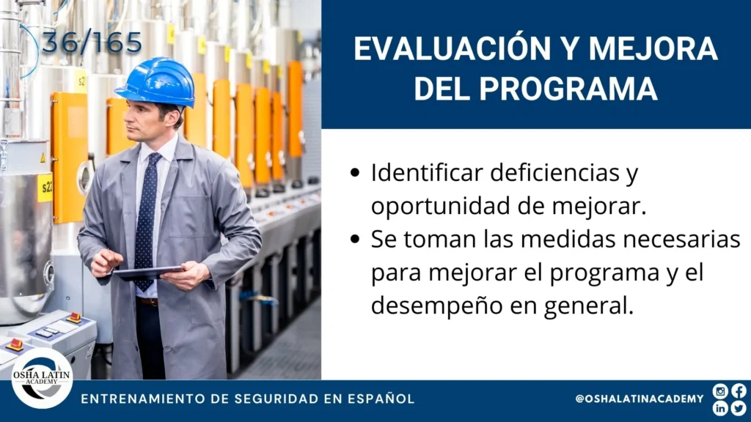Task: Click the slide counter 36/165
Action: tap(92, 43)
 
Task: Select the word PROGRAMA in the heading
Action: tap(568, 88)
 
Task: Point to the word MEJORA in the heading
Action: tap(653, 48)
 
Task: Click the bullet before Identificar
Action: tap(355, 173)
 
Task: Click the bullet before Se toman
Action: tap(355, 239)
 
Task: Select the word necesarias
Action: tap(681, 239)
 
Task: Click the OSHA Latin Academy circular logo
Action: tap(42, 379)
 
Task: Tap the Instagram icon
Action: tap(720, 391)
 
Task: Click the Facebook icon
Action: tap(739, 391)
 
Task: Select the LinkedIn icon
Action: tap(720, 408)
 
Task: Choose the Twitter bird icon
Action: tap(739, 408)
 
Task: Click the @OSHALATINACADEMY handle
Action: tap(640, 399)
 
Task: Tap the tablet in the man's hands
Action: tap(148, 273)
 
